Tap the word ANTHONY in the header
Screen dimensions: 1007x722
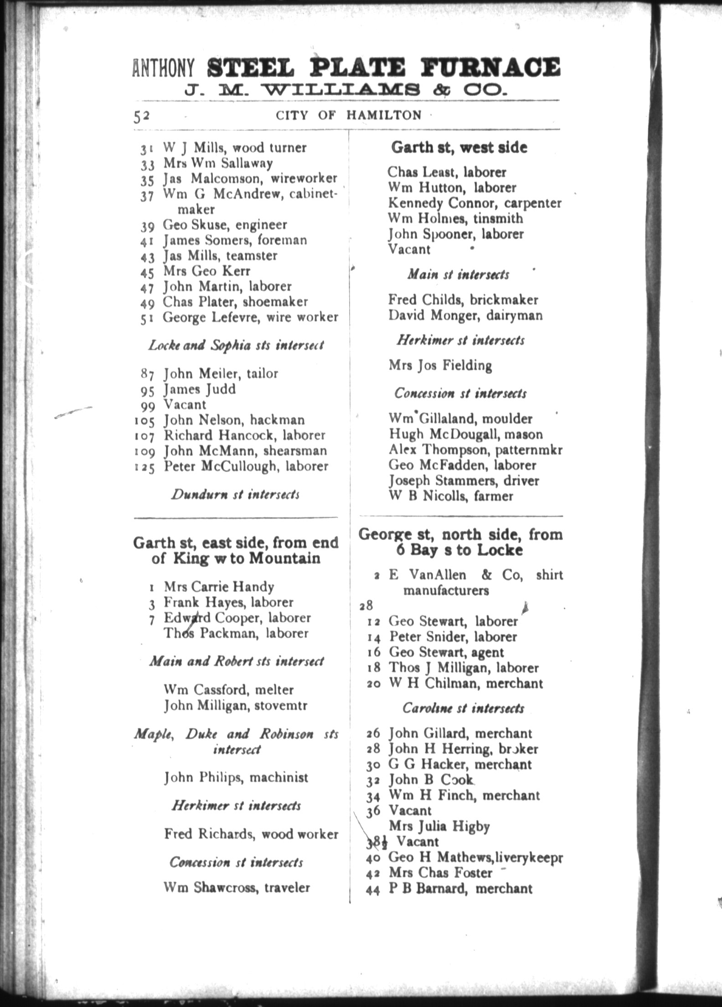(163, 67)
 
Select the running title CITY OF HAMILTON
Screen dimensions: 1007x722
(349, 115)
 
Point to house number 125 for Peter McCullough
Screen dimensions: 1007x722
(144, 467)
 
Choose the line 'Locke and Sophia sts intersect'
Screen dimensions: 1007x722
(236, 345)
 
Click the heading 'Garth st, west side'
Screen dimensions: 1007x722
(459, 147)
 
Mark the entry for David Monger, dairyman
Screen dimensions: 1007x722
(465, 315)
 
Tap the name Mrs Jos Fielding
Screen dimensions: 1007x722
(440, 366)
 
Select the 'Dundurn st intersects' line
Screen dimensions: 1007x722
(235, 494)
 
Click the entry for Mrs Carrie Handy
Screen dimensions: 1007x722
(219, 587)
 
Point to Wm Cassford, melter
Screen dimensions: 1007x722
(229, 690)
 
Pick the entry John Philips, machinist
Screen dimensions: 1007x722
(236, 777)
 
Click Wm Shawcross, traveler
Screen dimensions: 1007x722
(237, 888)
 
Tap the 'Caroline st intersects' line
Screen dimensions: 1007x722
(463, 708)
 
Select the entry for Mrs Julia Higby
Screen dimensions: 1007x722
(439, 826)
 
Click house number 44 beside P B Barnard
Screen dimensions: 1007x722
(373, 890)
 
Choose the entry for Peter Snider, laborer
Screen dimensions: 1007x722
(453, 637)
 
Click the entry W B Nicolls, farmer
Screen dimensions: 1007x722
(451, 496)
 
